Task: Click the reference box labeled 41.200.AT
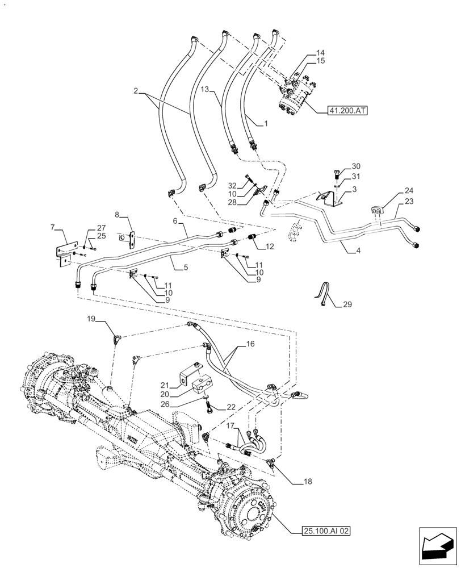(x=347, y=111)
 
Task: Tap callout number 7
(x=53, y=227)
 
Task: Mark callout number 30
(x=356, y=166)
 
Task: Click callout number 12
(x=270, y=246)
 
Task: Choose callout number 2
(x=136, y=90)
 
